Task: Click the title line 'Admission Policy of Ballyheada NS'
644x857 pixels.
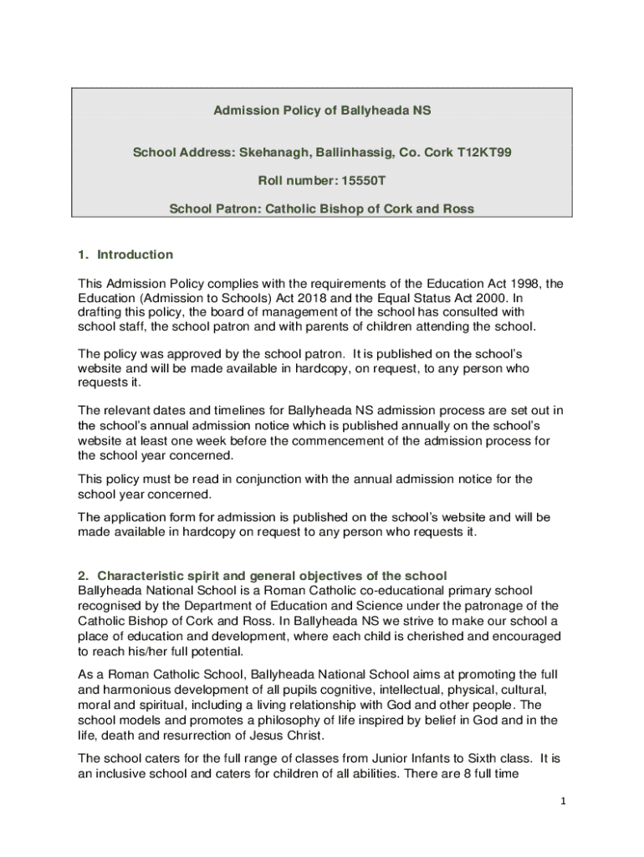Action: point(322,110)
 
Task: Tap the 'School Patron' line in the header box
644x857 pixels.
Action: point(322,209)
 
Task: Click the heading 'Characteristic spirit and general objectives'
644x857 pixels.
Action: point(272,576)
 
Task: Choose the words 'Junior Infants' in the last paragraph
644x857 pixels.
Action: point(394,758)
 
